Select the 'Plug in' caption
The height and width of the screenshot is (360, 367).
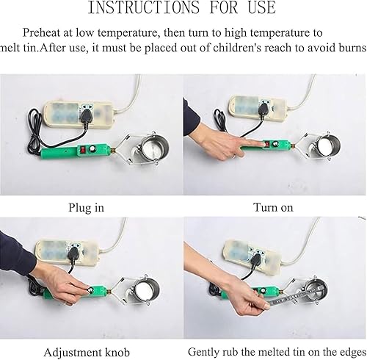(86, 207)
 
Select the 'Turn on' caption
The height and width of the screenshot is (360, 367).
(273, 207)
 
